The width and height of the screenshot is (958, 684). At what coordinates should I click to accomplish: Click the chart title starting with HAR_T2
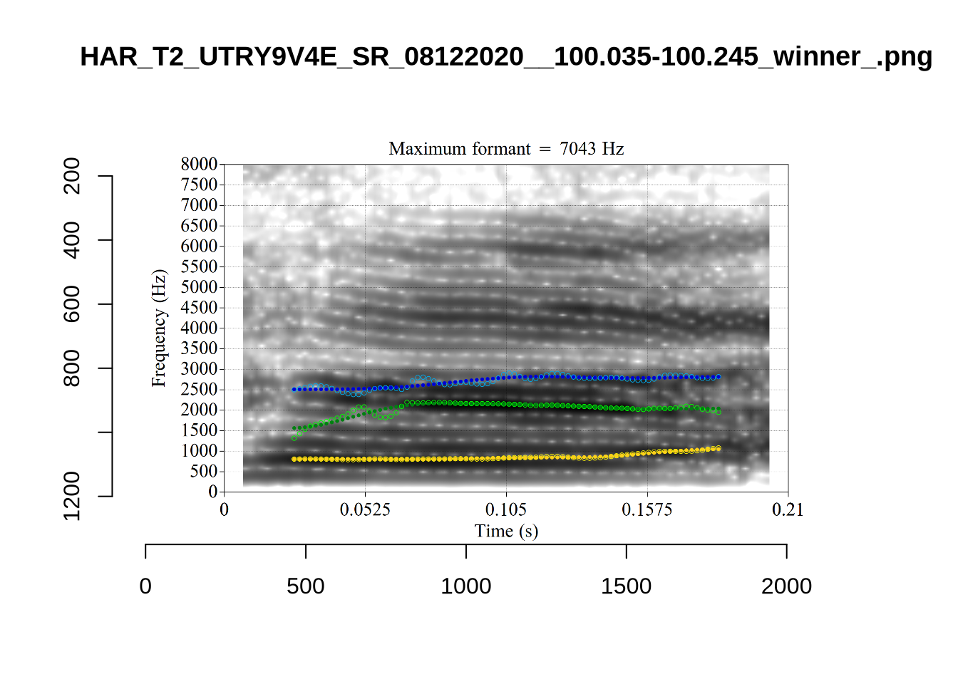click(x=506, y=56)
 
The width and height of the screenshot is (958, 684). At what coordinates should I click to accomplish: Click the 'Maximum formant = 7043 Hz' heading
click(x=506, y=149)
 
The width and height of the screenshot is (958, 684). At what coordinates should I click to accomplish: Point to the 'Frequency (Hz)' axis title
click(x=158, y=328)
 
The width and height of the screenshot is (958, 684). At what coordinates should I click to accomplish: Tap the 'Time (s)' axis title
click(x=506, y=531)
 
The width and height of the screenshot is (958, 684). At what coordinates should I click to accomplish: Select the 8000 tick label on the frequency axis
click(x=199, y=164)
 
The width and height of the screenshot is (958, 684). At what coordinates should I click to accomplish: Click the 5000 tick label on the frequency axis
click(x=199, y=287)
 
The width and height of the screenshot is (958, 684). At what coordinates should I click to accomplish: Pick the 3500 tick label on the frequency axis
click(x=199, y=348)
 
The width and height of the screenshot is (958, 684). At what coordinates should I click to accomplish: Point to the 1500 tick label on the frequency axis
click(x=199, y=430)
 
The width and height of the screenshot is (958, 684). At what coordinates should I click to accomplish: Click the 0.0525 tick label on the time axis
click(x=365, y=509)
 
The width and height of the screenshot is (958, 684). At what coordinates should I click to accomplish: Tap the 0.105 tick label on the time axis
click(x=506, y=509)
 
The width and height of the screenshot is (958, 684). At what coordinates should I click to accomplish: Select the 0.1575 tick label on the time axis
click(x=647, y=509)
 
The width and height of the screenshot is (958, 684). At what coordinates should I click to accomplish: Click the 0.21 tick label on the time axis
click(x=788, y=509)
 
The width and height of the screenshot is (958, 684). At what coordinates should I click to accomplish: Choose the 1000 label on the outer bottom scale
click(x=466, y=586)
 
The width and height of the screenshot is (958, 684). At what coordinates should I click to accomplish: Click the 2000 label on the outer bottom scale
click(x=786, y=586)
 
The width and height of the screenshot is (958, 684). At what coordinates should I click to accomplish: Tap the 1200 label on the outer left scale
click(x=72, y=496)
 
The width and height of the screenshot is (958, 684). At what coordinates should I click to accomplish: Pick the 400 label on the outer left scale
click(x=72, y=240)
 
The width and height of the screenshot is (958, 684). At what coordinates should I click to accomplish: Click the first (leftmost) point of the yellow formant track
click(x=294, y=460)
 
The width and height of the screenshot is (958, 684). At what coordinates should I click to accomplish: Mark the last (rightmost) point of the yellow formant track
click(x=718, y=448)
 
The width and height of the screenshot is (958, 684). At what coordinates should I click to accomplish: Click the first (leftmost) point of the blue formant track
click(x=294, y=390)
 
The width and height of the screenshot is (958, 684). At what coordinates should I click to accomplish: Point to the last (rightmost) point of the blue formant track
click(x=718, y=377)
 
